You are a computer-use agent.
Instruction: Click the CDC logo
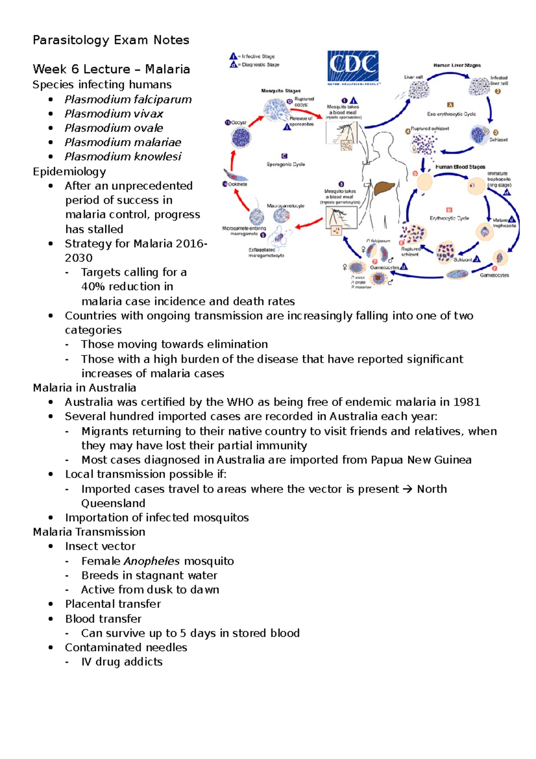[x=353, y=67]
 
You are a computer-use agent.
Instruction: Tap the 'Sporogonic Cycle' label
[x=286, y=164]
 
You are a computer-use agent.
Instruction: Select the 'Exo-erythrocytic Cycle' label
[x=451, y=114]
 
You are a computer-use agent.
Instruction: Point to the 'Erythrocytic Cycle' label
[x=449, y=218]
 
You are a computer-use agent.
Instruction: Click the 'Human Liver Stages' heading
[x=457, y=65]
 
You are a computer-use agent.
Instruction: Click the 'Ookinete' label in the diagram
[x=237, y=184]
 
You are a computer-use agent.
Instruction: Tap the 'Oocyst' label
[x=238, y=122]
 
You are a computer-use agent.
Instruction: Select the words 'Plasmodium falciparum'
[x=128, y=99]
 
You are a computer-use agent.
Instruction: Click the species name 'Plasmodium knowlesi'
[x=123, y=156]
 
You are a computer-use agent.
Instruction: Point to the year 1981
[x=467, y=402]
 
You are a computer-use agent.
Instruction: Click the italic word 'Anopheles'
[x=152, y=561]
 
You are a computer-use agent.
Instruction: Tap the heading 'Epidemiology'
[x=69, y=172]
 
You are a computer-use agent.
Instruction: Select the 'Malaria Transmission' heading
[x=89, y=532]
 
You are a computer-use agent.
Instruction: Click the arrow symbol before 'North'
[x=408, y=489]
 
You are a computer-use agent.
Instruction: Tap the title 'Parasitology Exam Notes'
[x=111, y=40]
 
